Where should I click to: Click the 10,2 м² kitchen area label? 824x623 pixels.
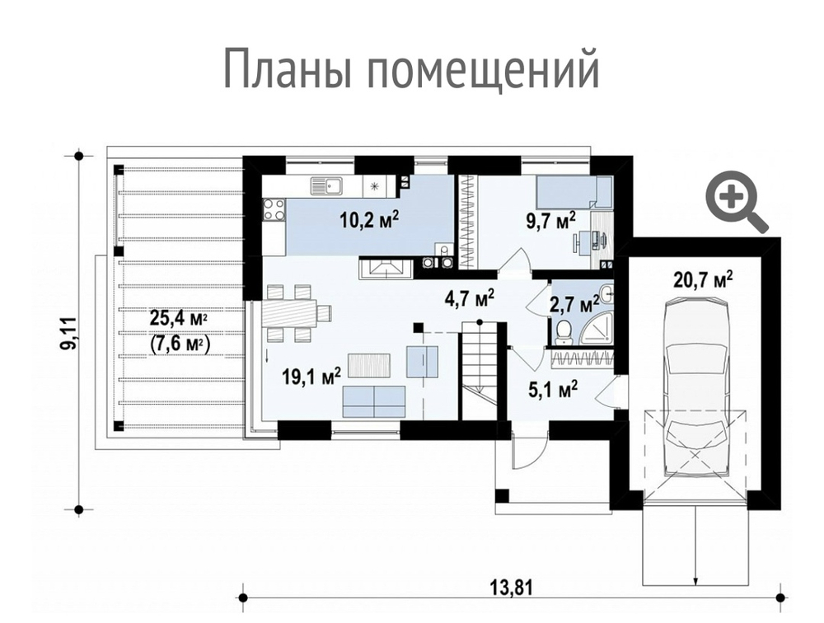coord(369,218)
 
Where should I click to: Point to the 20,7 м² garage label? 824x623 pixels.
coord(703,279)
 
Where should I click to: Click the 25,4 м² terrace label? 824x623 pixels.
coord(178,316)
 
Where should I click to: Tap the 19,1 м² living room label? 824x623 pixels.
coord(309,377)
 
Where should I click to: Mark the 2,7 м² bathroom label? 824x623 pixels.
coord(574,304)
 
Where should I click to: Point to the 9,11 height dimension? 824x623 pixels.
coord(71,334)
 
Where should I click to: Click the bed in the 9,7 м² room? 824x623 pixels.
coord(574,194)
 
